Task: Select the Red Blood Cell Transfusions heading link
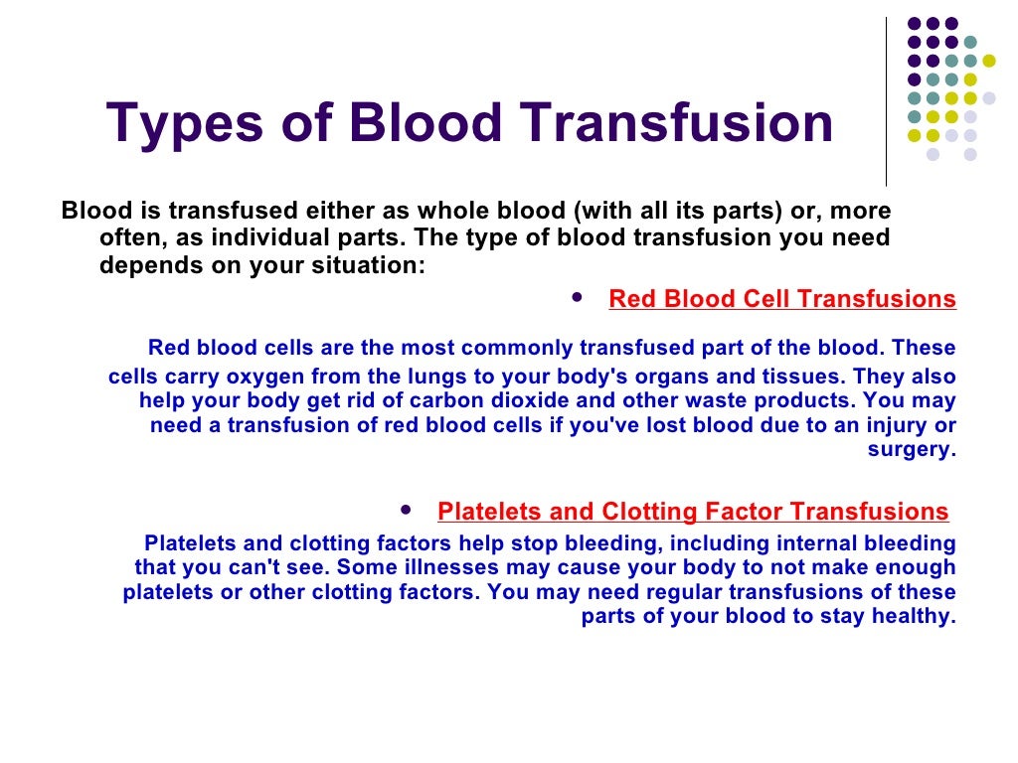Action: tap(782, 299)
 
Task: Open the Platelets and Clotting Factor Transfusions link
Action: tap(693, 512)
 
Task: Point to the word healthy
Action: tap(917, 616)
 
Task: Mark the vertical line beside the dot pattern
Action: tap(886, 99)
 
